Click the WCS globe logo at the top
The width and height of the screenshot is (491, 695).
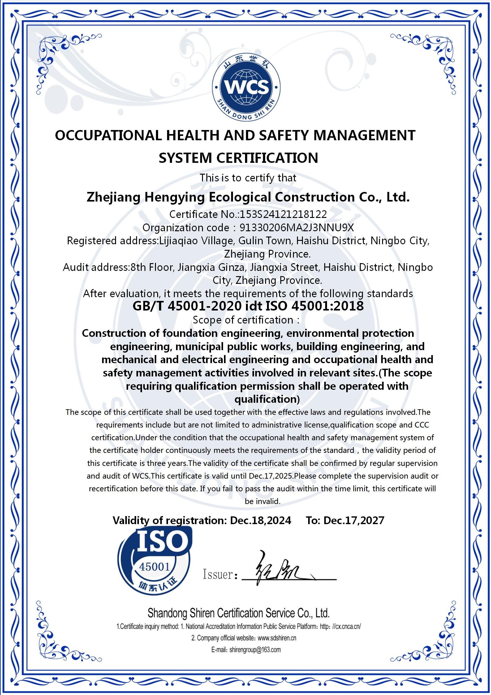tap(246, 87)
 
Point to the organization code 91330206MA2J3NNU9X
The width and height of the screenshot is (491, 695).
tap(297, 228)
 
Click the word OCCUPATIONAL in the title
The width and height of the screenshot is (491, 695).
tap(108, 136)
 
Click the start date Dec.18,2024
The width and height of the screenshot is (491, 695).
tap(261, 520)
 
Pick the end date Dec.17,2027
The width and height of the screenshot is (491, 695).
tap(354, 520)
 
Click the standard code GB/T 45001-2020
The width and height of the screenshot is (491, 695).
tap(187, 306)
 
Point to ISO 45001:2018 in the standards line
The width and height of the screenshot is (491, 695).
tap(315, 306)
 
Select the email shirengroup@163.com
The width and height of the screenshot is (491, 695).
tap(255, 649)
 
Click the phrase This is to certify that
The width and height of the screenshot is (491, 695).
tap(248, 178)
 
